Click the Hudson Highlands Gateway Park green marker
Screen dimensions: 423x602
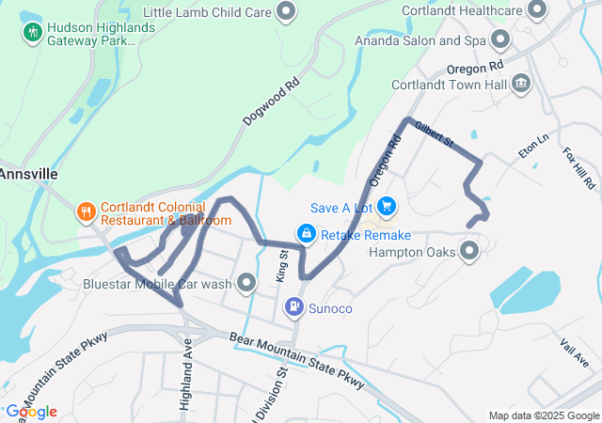(33, 32)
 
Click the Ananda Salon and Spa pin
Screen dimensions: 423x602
(500, 40)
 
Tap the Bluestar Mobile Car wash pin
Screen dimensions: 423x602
(247, 282)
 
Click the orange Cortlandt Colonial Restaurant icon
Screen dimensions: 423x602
(86, 211)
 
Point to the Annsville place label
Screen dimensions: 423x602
(28, 174)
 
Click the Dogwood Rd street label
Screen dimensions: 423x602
(271, 102)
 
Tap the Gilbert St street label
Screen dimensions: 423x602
(435, 134)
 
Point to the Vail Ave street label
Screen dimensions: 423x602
(575, 354)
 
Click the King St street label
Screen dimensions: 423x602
(281, 266)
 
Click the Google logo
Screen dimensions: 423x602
(31, 412)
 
